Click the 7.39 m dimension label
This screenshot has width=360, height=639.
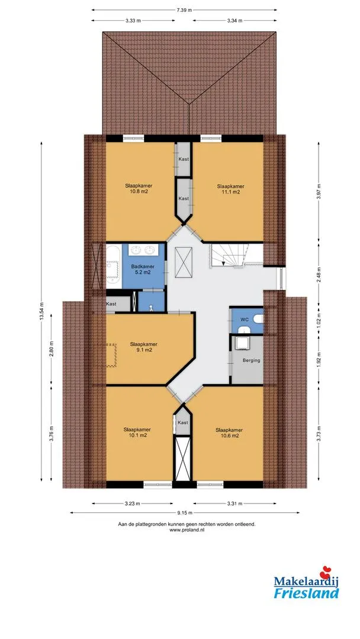coord(184,10)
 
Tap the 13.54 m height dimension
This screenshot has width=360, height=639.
coord(41,311)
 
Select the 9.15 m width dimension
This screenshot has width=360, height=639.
coord(184,512)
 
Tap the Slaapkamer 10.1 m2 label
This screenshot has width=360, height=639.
coord(137,432)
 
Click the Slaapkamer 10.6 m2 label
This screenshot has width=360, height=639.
coord(229,433)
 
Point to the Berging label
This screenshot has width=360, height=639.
coord(251,360)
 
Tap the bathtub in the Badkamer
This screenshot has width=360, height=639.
coord(112,266)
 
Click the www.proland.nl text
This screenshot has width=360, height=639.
coord(187,530)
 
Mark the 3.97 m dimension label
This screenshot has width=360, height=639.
coord(319,191)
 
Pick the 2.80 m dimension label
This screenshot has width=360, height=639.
coord(51,349)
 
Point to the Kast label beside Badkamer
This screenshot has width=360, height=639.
coord(111,304)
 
